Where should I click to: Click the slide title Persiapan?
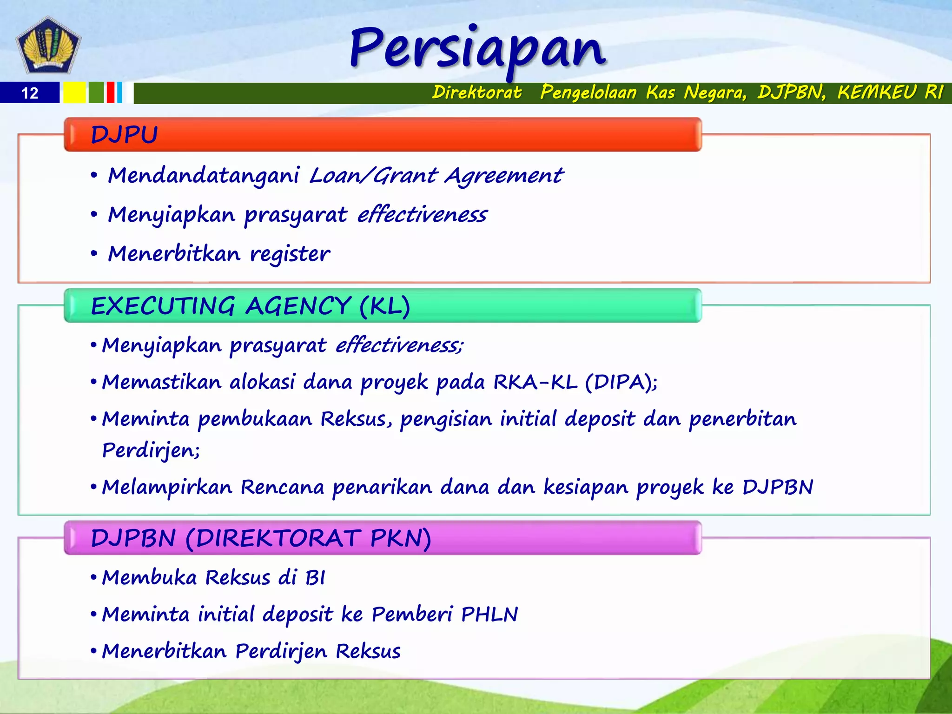click(478, 49)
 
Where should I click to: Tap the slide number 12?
click(30, 93)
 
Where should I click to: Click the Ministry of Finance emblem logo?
click(48, 46)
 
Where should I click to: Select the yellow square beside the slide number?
click(74, 93)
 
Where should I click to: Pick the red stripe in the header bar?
click(110, 93)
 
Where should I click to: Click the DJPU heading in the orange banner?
click(124, 135)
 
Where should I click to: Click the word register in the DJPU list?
click(290, 254)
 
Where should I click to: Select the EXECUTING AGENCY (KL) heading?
click(250, 306)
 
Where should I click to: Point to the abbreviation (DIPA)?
click(621, 382)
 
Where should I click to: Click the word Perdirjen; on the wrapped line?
click(151, 450)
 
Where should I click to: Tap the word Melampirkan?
click(167, 487)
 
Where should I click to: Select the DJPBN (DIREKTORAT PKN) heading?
click(261, 538)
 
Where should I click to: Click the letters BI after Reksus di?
click(315, 578)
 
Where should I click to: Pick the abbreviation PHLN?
click(489, 615)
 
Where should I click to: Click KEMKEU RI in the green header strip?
click(890, 92)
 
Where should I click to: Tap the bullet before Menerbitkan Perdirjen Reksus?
click(93, 651)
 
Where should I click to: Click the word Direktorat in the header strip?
click(476, 92)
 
